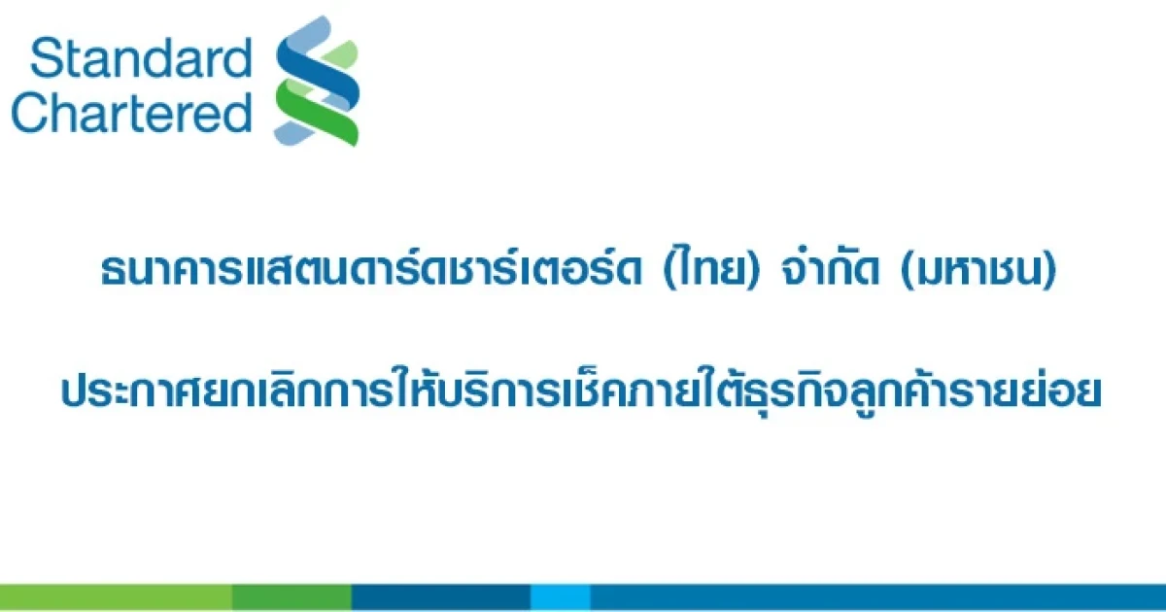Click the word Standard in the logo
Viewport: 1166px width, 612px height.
pos(141,58)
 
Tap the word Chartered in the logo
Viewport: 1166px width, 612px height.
pos(132,113)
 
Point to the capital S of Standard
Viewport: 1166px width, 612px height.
pos(46,58)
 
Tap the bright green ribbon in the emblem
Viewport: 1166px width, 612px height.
pos(317,111)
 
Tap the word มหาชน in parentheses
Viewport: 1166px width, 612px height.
pos(978,271)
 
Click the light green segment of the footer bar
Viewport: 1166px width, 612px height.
pos(116,596)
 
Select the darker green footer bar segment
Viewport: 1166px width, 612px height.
pos(292,596)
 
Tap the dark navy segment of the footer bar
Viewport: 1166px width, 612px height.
pos(441,596)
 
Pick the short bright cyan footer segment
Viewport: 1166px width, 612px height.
pos(561,596)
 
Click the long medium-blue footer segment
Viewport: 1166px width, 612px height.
pos(878,596)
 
